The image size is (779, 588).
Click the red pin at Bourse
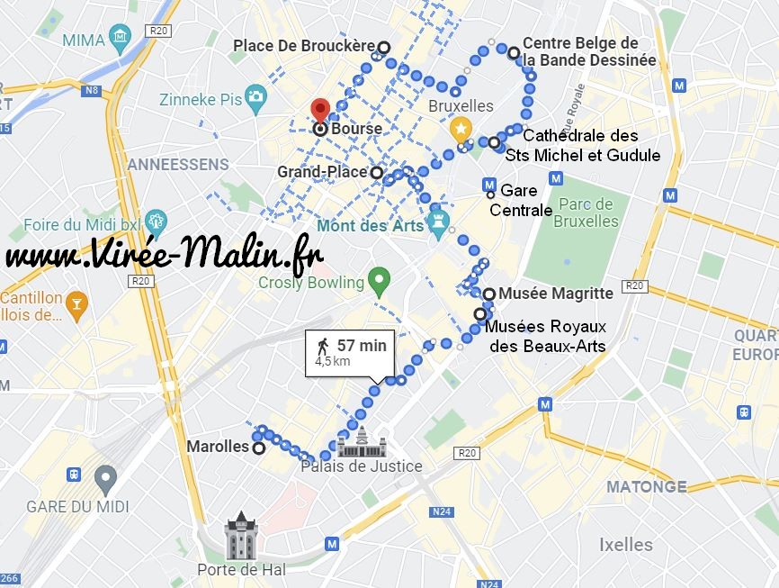pos(320,111)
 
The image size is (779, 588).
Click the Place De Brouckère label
pos(303,46)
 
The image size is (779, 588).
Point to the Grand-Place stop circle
pos(376,172)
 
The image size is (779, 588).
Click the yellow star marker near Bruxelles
pos(461,130)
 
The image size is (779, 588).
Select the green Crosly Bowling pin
pos(379,281)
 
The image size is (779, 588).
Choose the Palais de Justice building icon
pos(362,442)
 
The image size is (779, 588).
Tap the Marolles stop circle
pos(259,448)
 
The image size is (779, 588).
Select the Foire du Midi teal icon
pos(155,221)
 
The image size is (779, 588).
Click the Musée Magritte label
pos(555,294)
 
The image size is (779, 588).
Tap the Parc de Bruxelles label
pos(586,213)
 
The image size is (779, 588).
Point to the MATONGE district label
pos(646,486)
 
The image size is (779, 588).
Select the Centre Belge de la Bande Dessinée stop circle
pos(513,52)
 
